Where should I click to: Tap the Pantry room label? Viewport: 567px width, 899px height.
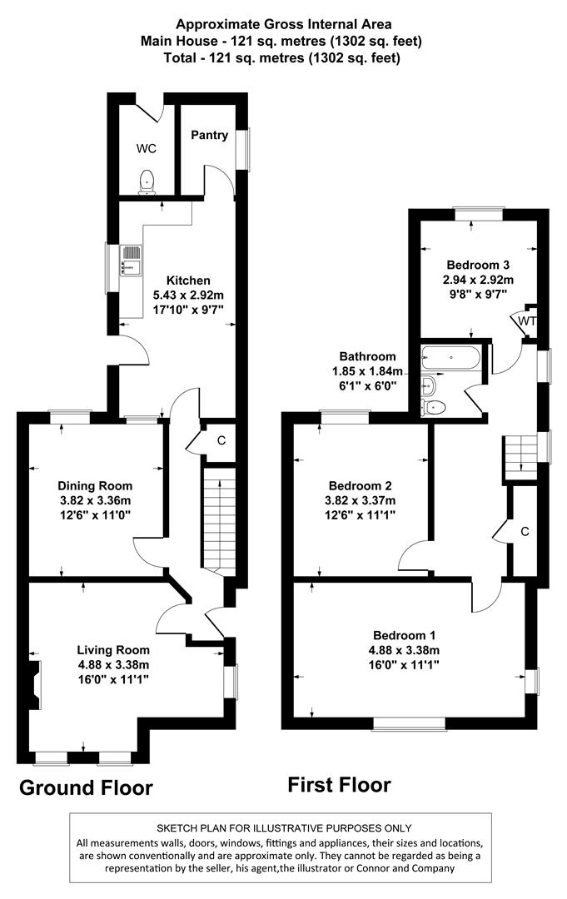[209, 135]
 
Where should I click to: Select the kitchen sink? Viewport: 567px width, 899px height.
[132, 259]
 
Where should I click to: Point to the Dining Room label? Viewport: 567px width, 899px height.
[95, 486]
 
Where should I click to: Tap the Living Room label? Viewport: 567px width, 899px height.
[113, 650]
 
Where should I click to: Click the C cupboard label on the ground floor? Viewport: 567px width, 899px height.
[221, 440]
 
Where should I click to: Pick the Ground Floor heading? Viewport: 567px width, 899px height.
[86, 787]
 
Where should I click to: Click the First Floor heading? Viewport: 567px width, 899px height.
[339, 784]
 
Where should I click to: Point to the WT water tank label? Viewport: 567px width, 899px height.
[527, 320]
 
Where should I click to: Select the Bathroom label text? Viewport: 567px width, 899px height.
[367, 356]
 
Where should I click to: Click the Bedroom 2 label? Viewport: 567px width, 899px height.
[360, 486]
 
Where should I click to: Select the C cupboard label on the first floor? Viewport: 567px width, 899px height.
[525, 531]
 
